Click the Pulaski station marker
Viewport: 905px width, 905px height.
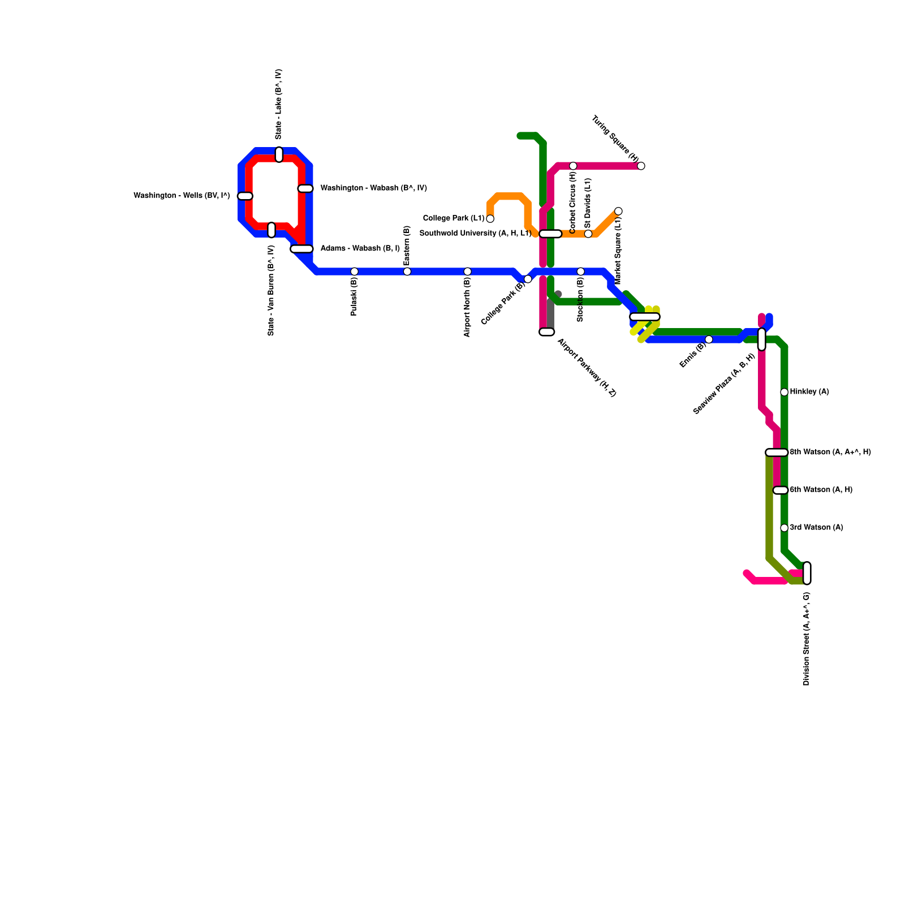coord(354,271)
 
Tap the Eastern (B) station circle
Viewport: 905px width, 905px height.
coord(407,271)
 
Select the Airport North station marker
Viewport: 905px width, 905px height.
coord(467,271)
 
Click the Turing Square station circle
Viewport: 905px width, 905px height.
coord(641,166)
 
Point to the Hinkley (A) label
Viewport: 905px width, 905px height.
coord(809,392)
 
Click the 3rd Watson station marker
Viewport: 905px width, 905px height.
coord(784,528)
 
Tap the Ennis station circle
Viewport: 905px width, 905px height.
coord(709,339)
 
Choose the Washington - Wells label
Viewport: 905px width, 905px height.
coord(182,196)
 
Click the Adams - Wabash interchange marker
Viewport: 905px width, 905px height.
coord(301,249)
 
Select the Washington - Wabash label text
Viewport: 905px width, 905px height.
coord(373,188)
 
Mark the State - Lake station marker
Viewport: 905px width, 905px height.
coord(279,154)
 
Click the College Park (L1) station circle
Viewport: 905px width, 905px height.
coord(490,219)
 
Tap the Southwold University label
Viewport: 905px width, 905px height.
coord(475,234)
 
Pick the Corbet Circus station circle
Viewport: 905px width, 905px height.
coord(573,166)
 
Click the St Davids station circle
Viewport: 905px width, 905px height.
coord(588,234)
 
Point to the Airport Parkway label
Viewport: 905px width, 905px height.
coord(587,368)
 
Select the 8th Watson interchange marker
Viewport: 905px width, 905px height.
coord(777,453)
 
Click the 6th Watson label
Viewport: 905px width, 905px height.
coord(821,490)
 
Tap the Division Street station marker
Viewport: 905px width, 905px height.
coord(807,573)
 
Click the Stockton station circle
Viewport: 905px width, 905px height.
coord(580,271)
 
